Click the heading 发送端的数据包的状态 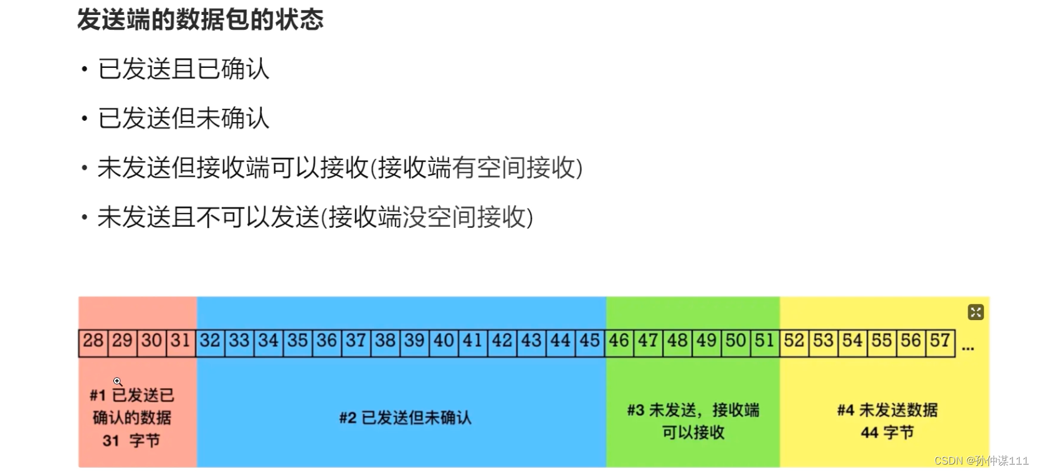click(x=200, y=19)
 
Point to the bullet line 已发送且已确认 click(x=183, y=68)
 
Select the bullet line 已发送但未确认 click(x=183, y=118)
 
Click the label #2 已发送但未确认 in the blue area click(x=405, y=417)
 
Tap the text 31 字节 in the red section click(x=131, y=441)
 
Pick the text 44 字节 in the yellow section click(x=887, y=433)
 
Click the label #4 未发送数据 click(x=887, y=410)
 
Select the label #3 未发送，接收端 click(x=693, y=410)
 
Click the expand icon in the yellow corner click(x=976, y=312)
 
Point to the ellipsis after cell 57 click(x=968, y=349)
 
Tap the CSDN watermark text click(x=981, y=461)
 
